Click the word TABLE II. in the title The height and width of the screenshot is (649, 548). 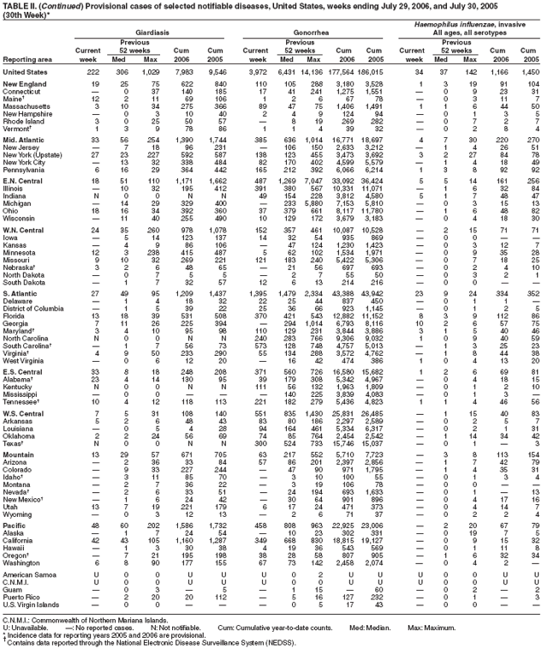pos(20,5)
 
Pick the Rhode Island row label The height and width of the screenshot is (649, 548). pos(26,122)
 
